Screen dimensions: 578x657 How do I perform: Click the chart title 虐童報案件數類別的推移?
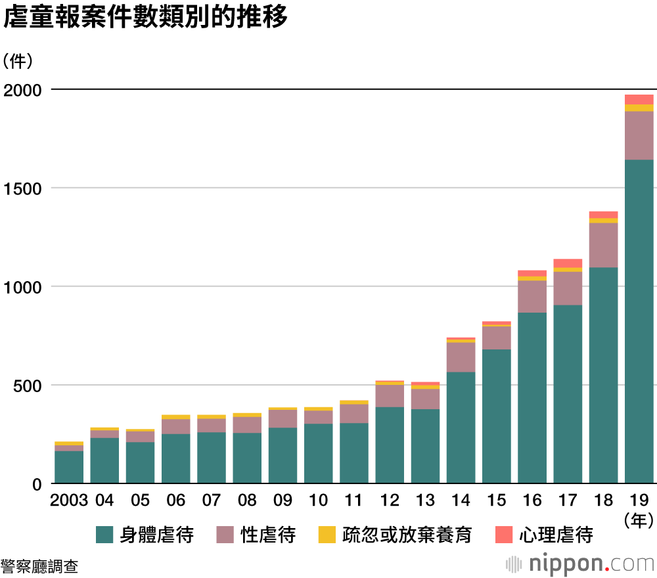point(146,18)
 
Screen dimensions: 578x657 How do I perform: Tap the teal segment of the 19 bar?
point(639,322)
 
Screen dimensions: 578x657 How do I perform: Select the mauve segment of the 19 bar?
point(639,135)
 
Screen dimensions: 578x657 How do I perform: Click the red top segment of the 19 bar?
point(639,99)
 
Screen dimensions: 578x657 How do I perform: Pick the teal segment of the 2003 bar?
point(69,467)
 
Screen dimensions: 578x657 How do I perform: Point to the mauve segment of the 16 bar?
point(532,296)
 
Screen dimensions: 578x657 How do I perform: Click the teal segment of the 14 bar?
point(461,428)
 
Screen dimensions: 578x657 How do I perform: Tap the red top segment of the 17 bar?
point(568,263)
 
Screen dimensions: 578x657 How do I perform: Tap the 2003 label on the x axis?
point(69,500)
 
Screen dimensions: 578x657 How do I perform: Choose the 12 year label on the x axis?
point(390,500)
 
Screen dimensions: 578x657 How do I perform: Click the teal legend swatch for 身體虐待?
point(104,535)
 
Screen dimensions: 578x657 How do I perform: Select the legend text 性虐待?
point(268,535)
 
